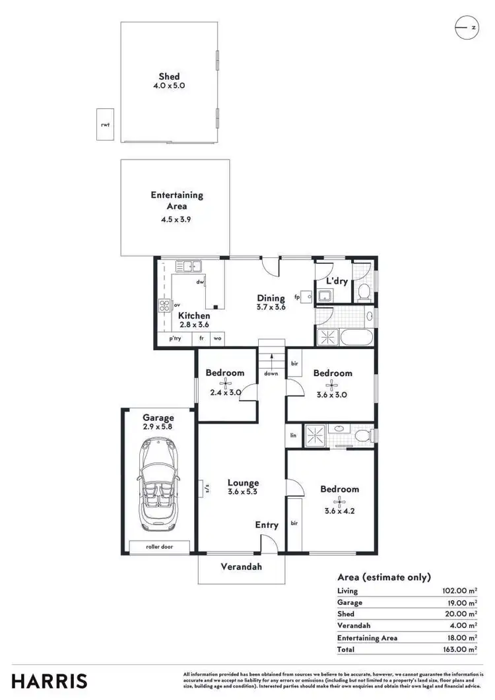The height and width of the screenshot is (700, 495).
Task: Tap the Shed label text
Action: (x=169, y=77)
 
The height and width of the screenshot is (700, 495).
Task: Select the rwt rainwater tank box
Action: (x=105, y=124)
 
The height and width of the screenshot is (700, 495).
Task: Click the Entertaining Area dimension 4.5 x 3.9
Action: (x=176, y=219)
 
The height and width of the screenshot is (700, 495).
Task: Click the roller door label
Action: (x=159, y=547)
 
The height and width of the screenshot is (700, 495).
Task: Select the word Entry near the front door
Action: (x=267, y=525)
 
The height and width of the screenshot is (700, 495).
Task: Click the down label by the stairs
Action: (x=271, y=373)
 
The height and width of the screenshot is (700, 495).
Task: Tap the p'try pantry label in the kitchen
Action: (x=175, y=338)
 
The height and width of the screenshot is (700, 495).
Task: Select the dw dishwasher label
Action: (x=199, y=282)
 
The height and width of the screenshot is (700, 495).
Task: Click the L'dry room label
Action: (x=337, y=281)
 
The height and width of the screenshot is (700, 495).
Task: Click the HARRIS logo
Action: (x=49, y=680)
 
